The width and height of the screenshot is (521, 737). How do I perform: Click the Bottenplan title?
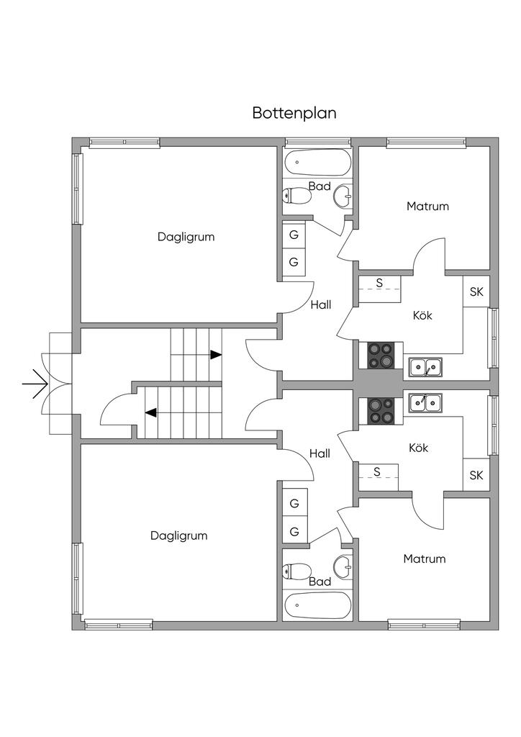pos(294,113)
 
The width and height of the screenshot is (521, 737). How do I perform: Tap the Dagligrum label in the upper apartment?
pos(186,237)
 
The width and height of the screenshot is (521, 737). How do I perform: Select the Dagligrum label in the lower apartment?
pos(179,535)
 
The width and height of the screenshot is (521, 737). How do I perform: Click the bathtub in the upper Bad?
pos(317,162)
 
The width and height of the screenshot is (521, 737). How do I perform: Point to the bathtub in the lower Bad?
pos(317,605)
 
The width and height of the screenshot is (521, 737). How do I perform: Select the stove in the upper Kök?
pos(381,356)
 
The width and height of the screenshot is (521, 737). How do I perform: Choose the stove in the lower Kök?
pos(381,411)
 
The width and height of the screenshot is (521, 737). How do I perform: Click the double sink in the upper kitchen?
pos(425,368)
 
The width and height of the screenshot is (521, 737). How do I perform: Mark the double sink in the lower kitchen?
pos(425,402)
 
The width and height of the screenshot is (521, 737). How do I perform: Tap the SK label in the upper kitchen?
pos(476,291)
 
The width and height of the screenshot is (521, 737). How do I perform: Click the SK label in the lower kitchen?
pos(476,475)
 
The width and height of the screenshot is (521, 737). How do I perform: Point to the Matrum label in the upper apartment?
pos(427,207)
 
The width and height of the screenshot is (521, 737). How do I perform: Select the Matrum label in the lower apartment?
pos(424,559)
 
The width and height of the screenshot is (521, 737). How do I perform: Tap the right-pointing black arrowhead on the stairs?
pos(215,355)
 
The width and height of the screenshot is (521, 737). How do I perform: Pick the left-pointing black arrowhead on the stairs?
pos(151,413)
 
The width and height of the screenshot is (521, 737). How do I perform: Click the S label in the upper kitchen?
pos(379,282)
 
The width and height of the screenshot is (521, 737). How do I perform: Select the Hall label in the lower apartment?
pos(320,453)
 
